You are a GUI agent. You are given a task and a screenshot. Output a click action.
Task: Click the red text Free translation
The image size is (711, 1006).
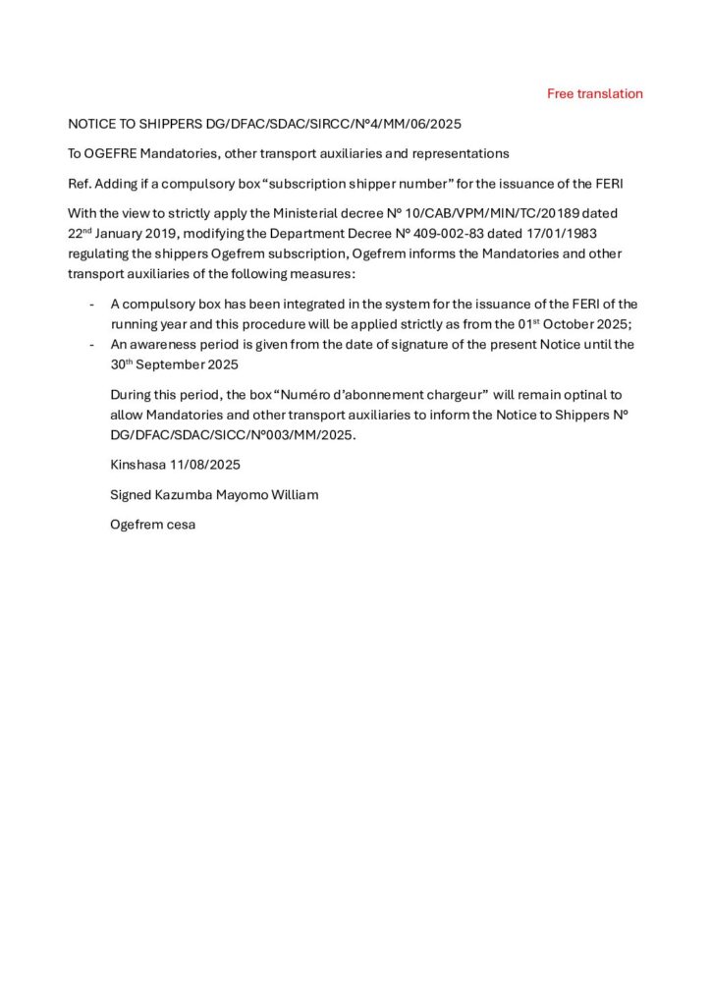tap(594, 94)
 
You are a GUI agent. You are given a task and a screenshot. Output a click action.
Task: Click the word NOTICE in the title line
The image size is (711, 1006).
tap(90, 125)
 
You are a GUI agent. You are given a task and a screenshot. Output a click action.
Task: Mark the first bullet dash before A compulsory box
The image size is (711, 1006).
tap(92, 304)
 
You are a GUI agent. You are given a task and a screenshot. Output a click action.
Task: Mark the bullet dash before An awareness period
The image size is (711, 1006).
tap(92, 344)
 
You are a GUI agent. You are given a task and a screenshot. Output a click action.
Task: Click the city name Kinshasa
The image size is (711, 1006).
tap(137, 464)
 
